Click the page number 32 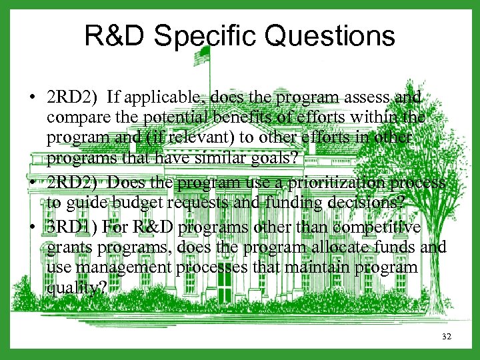point(446,337)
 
